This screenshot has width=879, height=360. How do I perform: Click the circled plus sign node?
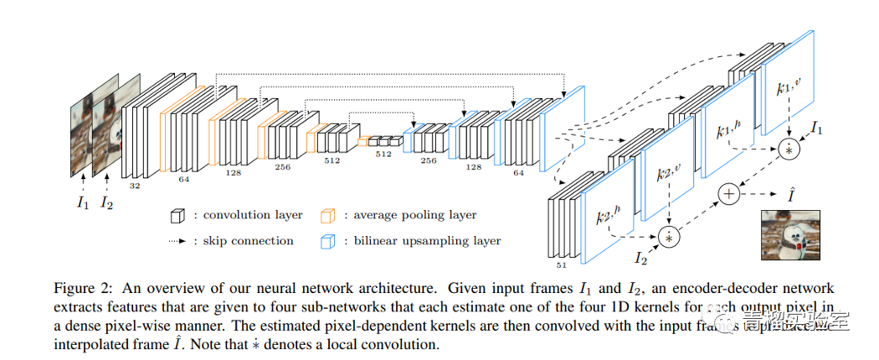pos(729,193)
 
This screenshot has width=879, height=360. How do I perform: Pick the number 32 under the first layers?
pos(135,186)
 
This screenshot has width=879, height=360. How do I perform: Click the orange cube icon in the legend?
pos(329,216)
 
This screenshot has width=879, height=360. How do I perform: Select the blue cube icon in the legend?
pos(329,241)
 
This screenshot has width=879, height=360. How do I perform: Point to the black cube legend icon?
pos(175,216)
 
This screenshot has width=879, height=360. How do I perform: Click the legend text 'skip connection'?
pos(249,241)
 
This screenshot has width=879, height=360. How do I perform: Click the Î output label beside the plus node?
pos(791,193)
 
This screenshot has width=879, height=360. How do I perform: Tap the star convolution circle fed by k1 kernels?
pos(789,149)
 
